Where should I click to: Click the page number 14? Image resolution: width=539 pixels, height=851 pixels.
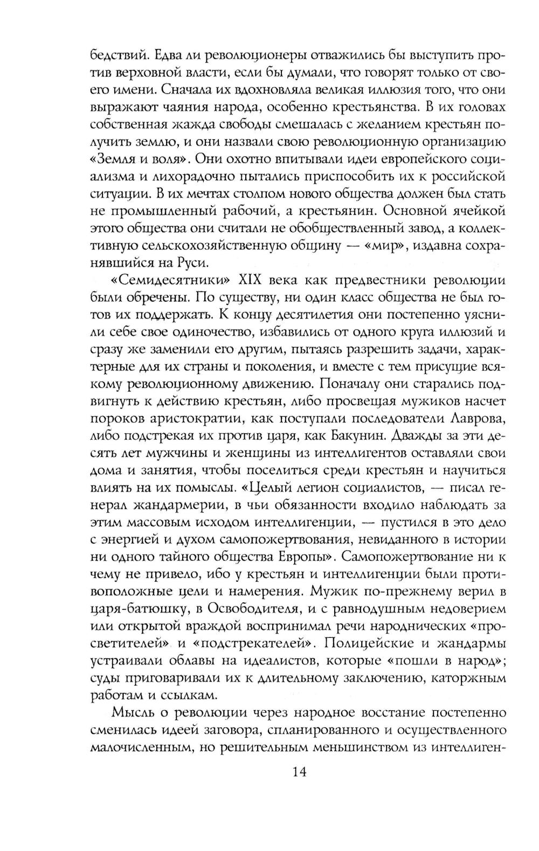299,771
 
